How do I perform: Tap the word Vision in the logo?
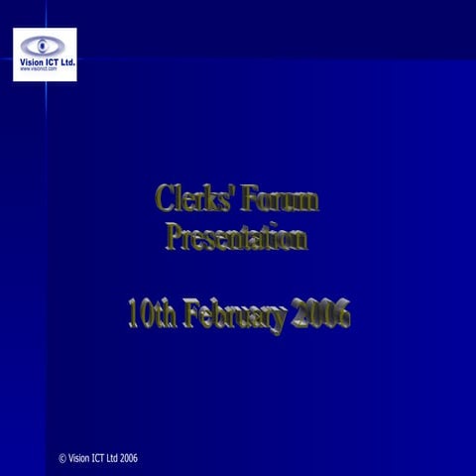coord(32,61)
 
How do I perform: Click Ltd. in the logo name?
coord(67,61)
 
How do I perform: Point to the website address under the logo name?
coord(40,69)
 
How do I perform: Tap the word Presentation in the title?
coord(236,238)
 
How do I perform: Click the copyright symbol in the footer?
coord(62,458)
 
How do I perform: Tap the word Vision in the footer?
coord(80,458)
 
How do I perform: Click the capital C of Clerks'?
coord(165,198)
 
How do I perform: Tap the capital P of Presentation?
coord(174,238)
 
